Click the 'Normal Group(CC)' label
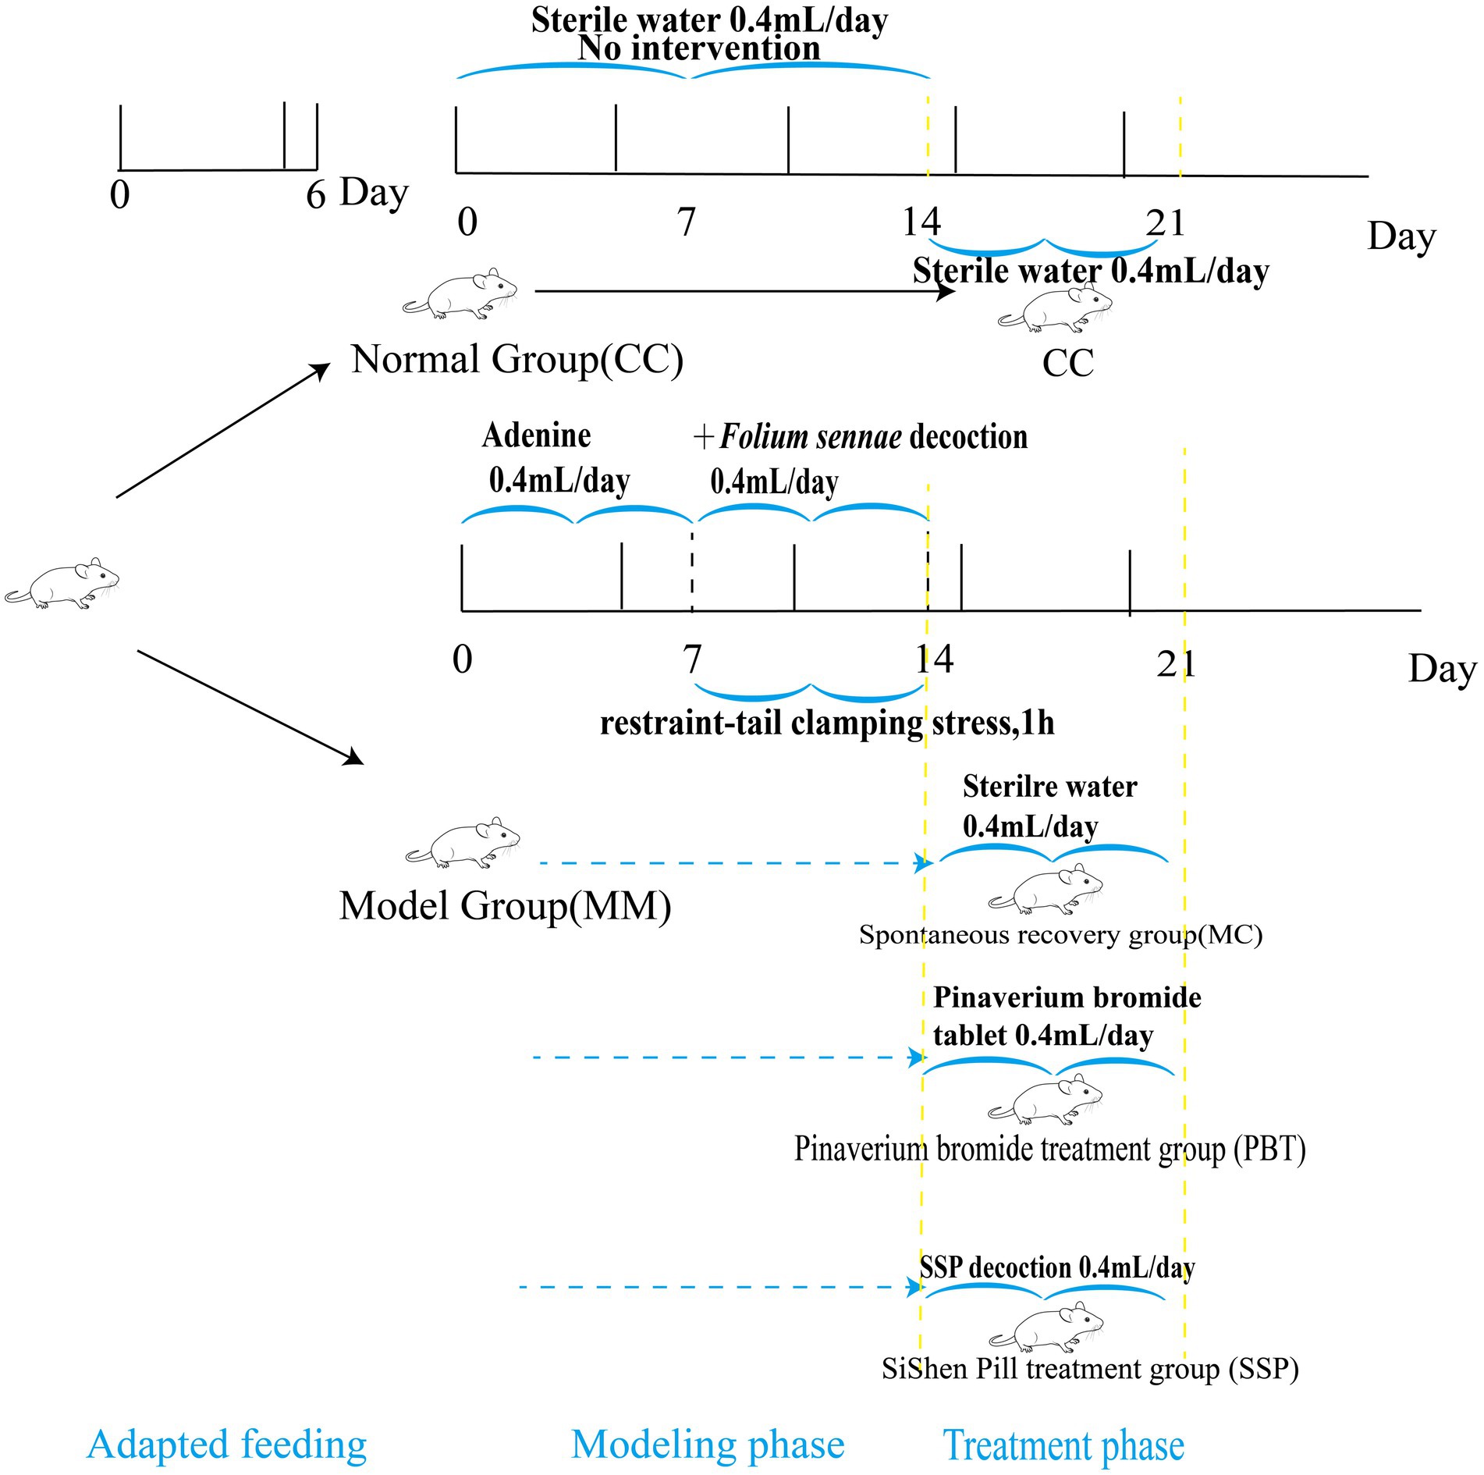click(x=517, y=360)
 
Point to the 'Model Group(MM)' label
click(x=505, y=906)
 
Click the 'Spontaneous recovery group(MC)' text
click(x=1060, y=934)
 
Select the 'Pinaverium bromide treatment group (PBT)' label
click(x=1049, y=1149)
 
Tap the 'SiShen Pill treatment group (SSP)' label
click(x=1090, y=1369)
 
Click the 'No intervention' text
click(x=699, y=48)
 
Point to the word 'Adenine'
click(x=537, y=435)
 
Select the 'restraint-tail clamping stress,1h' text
click(x=827, y=723)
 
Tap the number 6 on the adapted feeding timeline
click(x=315, y=194)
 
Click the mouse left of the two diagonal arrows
click(x=62, y=584)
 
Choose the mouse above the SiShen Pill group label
click(x=1046, y=1327)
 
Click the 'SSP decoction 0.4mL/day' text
click(x=1056, y=1268)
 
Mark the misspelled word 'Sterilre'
click(x=1006, y=787)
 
